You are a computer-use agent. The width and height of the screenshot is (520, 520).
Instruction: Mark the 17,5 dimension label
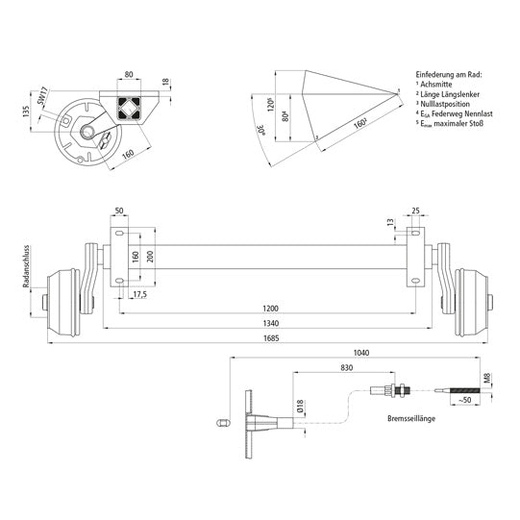[x=140, y=293]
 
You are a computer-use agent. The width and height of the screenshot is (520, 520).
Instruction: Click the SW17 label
[x=44, y=97]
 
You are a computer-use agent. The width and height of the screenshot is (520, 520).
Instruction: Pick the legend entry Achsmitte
[x=437, y=84]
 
